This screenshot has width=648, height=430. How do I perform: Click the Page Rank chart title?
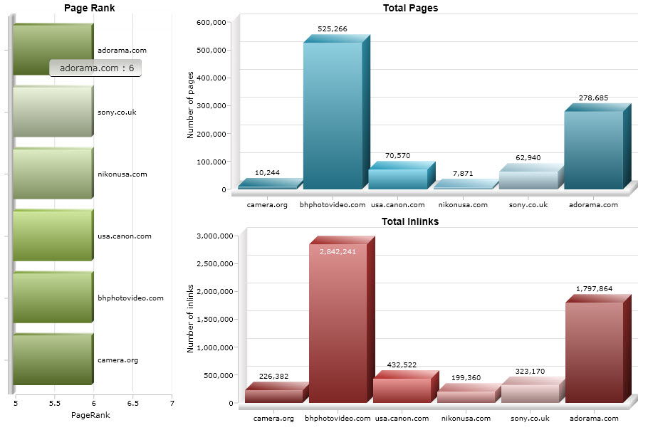(89, 8)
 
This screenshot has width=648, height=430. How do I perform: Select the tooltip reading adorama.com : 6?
(96, 68)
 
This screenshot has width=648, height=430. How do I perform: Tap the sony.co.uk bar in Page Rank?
(53, 112)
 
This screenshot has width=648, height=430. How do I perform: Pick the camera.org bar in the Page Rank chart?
(53, 360)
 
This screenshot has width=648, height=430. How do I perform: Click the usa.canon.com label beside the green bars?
(124, 236)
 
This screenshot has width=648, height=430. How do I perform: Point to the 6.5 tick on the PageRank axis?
(132, 403)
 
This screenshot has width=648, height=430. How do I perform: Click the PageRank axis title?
(90, 414)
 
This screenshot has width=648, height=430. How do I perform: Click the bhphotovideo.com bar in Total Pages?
(333, 114)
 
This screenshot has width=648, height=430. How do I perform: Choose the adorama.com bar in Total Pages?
(593, 150)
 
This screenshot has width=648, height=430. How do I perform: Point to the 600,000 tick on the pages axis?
(211, 22)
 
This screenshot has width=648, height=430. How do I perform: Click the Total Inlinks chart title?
(409, 221)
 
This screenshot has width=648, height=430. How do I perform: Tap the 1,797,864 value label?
(594, 289)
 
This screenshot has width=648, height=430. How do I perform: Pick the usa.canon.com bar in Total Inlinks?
(402, 389)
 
